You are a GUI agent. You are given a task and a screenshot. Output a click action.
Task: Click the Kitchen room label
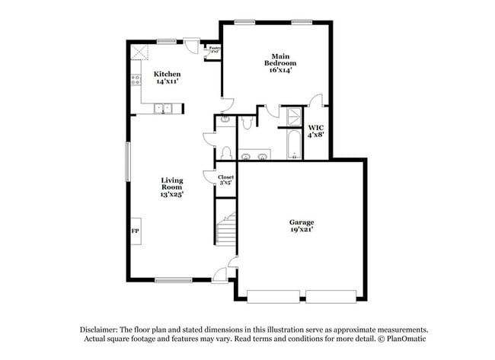168,74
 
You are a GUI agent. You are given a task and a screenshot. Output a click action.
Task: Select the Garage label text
301,222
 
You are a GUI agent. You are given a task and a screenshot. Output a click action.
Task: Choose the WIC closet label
316,128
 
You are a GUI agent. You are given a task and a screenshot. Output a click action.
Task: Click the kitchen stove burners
135,78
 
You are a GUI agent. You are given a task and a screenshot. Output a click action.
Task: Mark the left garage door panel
274,295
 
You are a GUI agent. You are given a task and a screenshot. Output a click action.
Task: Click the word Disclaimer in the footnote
100,329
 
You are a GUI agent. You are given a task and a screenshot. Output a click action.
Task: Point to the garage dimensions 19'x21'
301,229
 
